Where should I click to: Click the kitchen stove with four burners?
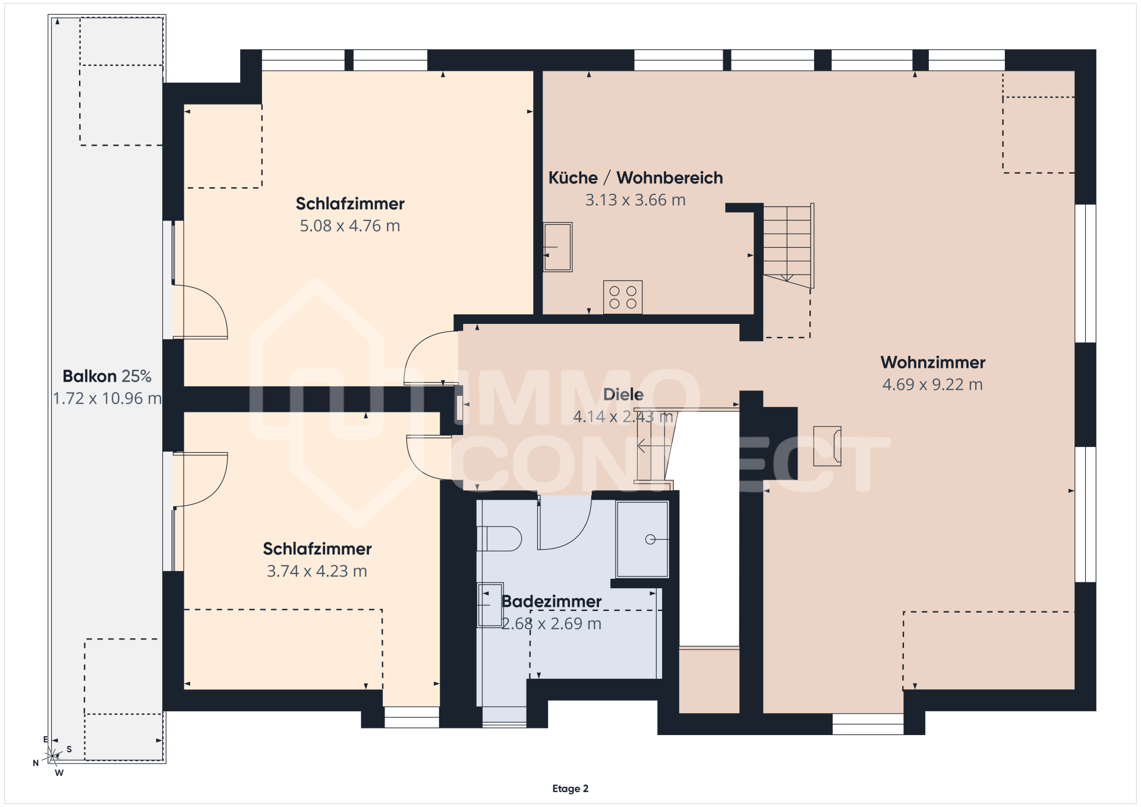(623, 297)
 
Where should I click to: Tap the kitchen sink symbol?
(557, 247)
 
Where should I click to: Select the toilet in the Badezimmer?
(499, 539)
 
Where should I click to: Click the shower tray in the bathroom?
(642, 540)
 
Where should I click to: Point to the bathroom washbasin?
(490, 605)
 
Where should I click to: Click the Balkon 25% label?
(107, 376)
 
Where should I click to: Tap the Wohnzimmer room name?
(933, 362)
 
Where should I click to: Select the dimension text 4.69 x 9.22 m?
(932, 384)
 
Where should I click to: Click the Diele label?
(623, 395)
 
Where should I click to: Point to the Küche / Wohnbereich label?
(635, 178)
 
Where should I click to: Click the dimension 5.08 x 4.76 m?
(350, 226)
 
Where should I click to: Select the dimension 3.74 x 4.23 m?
(317, 571)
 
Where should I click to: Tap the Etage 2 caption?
(570, 789)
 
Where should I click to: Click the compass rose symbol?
(52, 756)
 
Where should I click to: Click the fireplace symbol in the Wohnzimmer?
(827, 446)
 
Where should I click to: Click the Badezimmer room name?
(551, 601)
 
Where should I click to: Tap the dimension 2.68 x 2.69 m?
(551, 623)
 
